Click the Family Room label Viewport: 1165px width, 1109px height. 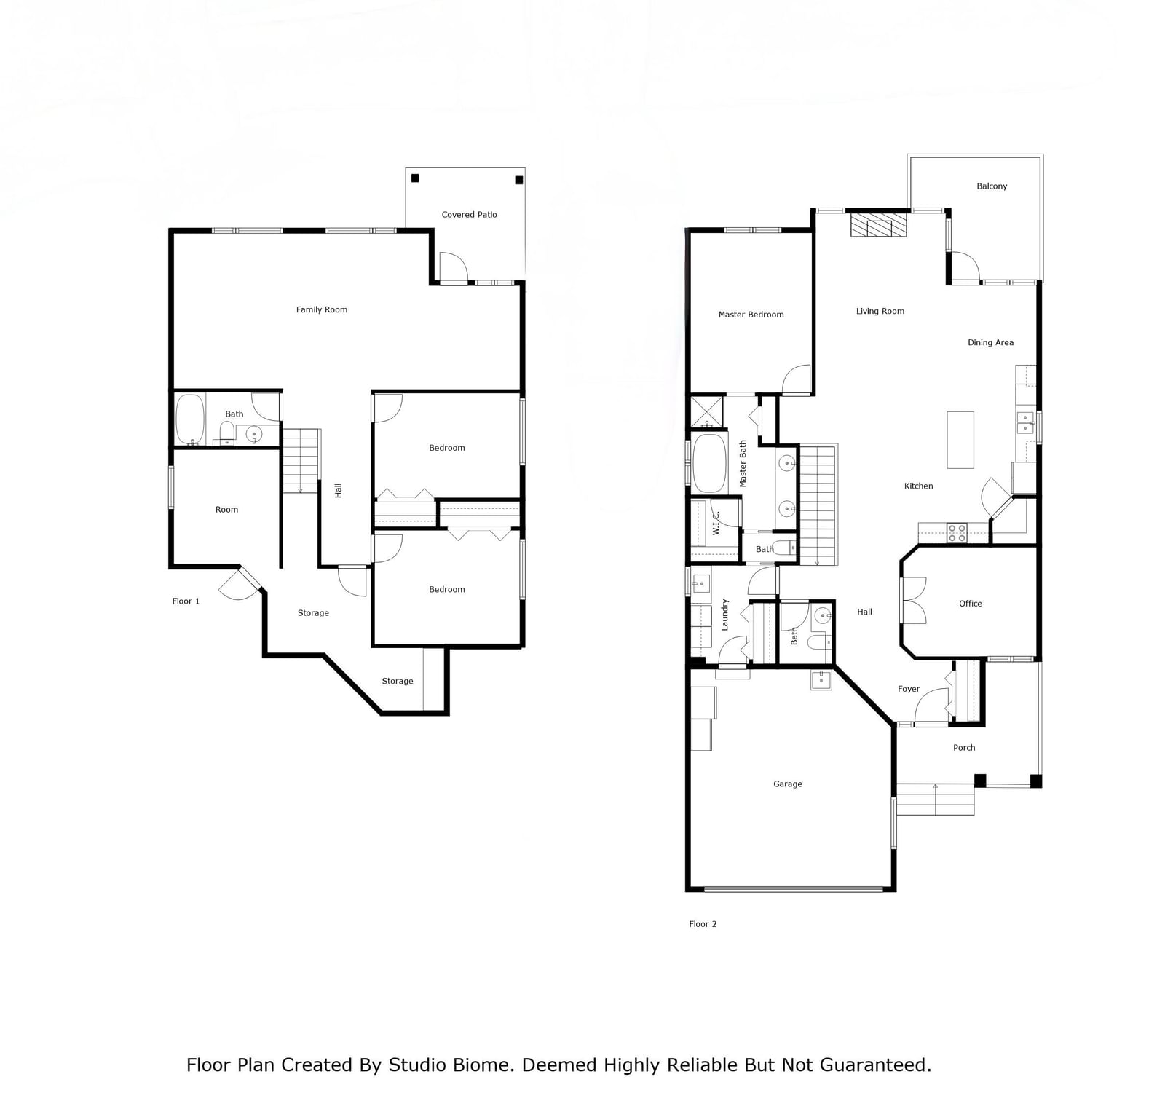[321, 309]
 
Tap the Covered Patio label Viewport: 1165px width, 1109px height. [469, 215]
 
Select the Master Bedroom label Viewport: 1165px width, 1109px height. [751, 315]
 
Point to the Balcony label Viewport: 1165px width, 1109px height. [992, 186]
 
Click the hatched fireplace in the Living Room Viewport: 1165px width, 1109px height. [879, 224]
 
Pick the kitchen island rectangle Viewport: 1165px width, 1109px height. [960, 440]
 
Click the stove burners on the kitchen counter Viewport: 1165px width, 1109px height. [957, 532]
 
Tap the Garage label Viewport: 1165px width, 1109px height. [787, 784]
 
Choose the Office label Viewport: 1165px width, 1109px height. [970, 604]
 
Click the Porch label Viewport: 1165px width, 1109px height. [964, 748]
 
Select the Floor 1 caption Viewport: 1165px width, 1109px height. [186, 601]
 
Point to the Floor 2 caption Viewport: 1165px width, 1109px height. [703, 924]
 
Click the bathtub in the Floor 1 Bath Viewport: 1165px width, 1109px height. [189, 419]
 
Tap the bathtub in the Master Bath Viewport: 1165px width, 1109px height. [709, 463]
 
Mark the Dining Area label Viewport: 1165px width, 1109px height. [990, 343]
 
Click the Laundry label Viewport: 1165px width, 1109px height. [724, 615]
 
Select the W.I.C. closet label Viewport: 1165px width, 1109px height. [716, 523]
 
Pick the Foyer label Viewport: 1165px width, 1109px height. [908, 689]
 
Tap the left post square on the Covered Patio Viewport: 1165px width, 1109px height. [415, 178]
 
